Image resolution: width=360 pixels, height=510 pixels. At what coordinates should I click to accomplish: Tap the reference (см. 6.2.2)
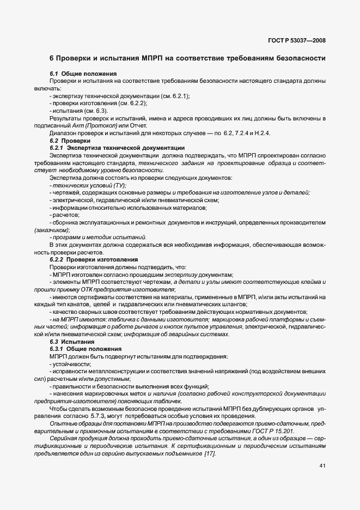(132, 104)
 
